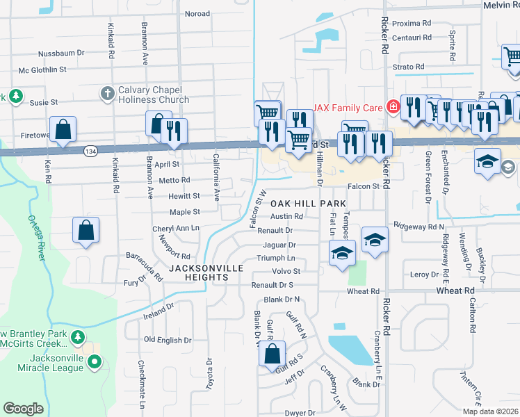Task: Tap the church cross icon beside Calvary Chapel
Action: (x=107, y=92)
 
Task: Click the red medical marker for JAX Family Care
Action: (x=393, y=106)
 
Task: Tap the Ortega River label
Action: (x=38, y=236)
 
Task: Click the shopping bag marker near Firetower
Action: (x=63, y=129)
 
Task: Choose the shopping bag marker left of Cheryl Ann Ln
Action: (x=86, y=230)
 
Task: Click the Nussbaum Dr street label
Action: (x=61, y=52)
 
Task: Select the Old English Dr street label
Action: (x=168, y=340)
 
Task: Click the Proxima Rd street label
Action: (x=412, y=23)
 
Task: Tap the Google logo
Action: (x=23, y=409)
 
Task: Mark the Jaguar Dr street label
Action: (x=279, y=245)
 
